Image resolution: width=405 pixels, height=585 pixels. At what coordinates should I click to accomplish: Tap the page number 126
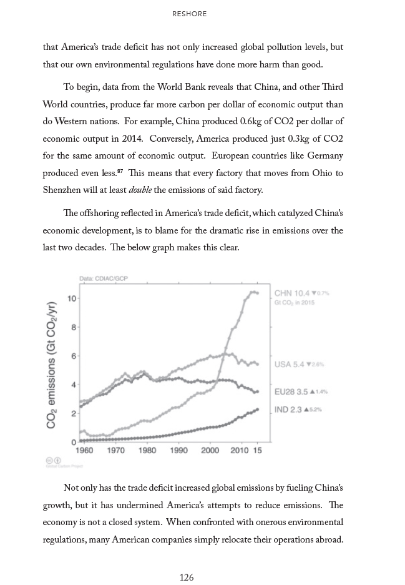click(187, 578)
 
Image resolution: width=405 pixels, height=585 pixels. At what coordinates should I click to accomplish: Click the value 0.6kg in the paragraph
click(256, 120)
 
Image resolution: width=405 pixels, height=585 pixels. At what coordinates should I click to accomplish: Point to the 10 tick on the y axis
click(72, 298)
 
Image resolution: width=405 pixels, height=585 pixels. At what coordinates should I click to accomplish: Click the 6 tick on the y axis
click(73, 356)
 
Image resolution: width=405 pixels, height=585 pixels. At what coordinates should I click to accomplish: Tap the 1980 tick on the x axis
click(147, 450)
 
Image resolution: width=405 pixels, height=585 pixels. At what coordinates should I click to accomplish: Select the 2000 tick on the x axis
click(211, 450)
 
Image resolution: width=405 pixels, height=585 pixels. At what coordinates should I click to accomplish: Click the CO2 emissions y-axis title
click(52, 365)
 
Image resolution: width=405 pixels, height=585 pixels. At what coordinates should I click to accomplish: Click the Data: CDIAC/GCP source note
click(103, 278)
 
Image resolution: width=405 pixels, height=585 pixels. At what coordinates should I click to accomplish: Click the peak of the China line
click(253, 292)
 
